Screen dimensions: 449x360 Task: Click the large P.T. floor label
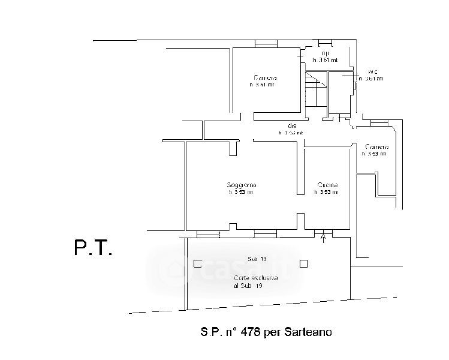click(x=92, y=248)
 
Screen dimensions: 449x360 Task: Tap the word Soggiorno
click(x=239, y=185)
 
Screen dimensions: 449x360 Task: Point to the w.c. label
click(x=370, y=71)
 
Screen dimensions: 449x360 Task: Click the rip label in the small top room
click(x=326, y=53)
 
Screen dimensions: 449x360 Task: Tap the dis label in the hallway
click(x=292, y=125)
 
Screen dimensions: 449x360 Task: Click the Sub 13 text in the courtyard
click(x=256, y=259)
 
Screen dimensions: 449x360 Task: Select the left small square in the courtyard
click(x=190, y=262)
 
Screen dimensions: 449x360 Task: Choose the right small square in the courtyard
click(x=304, y=262)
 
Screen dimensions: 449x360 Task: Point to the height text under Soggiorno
click(x=240, y=193)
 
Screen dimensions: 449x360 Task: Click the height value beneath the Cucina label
click(x=326, y=193)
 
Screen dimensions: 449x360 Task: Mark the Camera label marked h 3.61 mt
click(x=264, y=78)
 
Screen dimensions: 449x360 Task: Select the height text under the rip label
click(x=326, y=60)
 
